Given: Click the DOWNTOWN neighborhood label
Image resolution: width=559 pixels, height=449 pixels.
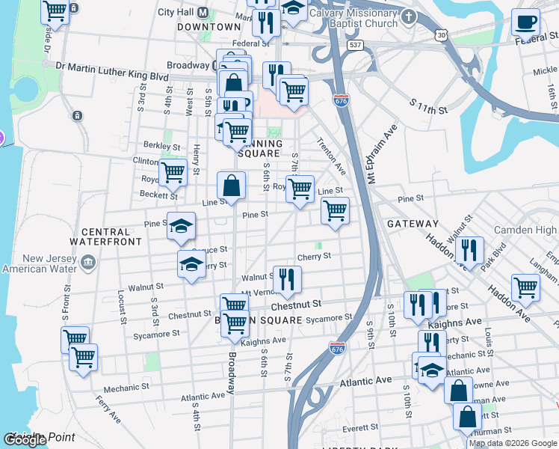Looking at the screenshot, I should [209, 27].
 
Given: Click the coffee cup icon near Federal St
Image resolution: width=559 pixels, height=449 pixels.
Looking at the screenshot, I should [526, 22].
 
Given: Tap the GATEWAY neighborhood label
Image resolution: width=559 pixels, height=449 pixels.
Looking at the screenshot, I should [413, 224].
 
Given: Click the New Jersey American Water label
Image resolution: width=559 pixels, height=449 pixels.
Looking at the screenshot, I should [42, 263].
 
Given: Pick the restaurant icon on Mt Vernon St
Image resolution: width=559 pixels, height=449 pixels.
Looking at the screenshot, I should [286, 280].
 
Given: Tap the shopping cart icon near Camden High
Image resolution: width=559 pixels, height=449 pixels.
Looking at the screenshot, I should [526, 287].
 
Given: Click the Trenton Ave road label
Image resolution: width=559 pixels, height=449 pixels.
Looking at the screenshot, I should [330, 153].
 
